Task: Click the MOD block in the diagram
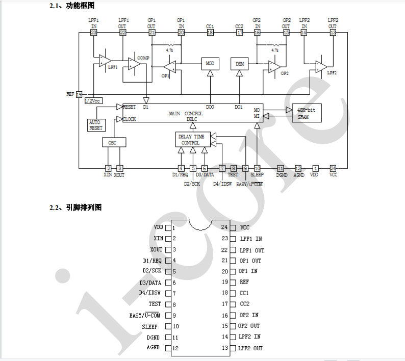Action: [210, 63]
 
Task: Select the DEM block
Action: [239, 63]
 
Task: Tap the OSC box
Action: [112, 143]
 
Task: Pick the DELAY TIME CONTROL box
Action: [191, 140]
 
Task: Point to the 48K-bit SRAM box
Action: [307, 113]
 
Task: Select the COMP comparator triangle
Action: [134, 64]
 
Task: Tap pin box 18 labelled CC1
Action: [210, 33]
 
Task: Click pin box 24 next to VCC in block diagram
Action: [333, 168]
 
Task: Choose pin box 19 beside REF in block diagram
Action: [79, 94]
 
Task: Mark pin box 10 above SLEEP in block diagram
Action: [257, 168]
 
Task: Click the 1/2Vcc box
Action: [93, 100]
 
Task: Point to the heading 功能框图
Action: [80, 6]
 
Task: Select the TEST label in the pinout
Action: [155, 304]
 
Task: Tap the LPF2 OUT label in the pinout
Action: [251, 348]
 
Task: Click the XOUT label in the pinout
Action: [156, 249]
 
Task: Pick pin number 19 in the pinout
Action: [225, 282]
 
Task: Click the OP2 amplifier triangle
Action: [275, 67]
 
